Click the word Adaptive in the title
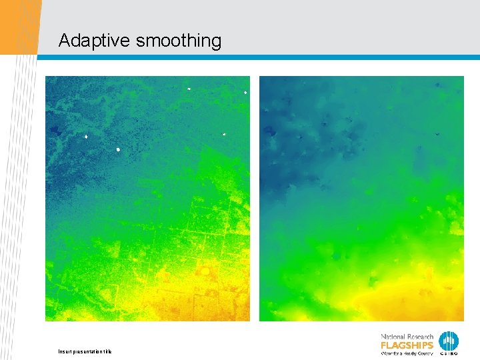[x=94, y=41]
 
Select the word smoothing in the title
[x=179, y=41]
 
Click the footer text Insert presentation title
[x=85, y=351]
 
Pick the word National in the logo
[x=393, y=337]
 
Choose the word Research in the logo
[x=419, y=337]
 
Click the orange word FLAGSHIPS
[x=407, y=345]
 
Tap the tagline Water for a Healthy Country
[x=407, y=353]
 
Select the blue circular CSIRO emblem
[x=449, y=340]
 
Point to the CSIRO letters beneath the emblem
[x=449, y=353]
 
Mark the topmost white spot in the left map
[x=189, y=88]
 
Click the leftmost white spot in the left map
[x=86, y=137]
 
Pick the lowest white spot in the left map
[x=118, y=149]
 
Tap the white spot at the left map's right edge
[x=245, y=92]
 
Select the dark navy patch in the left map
[x=53, y=129]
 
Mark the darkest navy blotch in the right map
[x=270, y=131]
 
